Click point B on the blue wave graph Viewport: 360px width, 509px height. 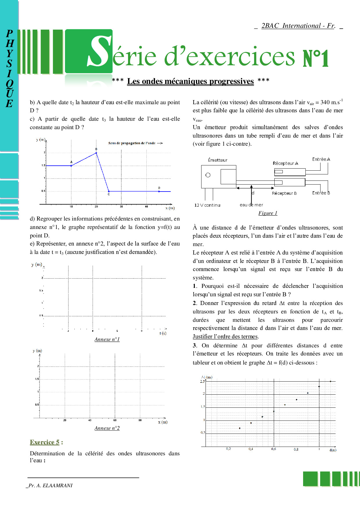point(96,153)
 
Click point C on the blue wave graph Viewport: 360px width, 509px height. point(109,191)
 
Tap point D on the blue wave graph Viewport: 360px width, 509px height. point(159,191)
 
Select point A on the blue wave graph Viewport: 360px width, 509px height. point(71,166)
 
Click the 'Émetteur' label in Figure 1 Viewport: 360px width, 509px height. point(218,160)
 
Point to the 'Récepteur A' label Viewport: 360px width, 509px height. point(285,163)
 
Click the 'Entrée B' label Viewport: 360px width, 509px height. point(321,193)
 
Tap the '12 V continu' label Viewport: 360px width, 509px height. point(207,205)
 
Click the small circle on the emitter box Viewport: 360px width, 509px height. point(208,175)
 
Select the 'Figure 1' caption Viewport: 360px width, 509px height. point(268,213)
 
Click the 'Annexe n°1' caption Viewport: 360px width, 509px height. point(107,339)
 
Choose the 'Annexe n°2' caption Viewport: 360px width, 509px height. point(107,428)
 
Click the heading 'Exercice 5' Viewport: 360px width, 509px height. point(45,442)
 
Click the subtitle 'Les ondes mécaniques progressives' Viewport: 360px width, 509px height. point(190,81)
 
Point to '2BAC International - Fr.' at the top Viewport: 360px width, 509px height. point(298,26)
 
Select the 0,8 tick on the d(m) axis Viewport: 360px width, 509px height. point(296,449)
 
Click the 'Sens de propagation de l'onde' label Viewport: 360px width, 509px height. point(132,143)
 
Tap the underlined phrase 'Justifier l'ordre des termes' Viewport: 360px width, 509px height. point(225,336)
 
